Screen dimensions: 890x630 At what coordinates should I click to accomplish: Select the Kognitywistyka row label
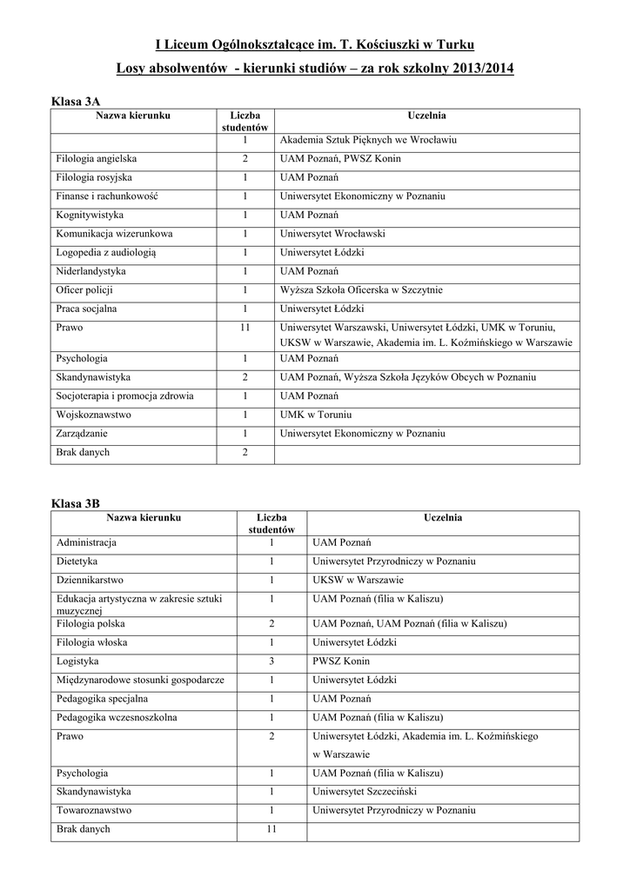click(x=90, y=215)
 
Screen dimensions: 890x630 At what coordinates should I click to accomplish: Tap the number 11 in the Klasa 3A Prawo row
click(x=245, y=328)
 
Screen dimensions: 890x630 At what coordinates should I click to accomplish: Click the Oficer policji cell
click(x=84, y=289)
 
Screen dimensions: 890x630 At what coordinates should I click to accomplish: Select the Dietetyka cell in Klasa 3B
click(x=77, y=561)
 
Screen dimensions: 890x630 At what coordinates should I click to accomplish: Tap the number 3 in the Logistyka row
click(x=271, y=661)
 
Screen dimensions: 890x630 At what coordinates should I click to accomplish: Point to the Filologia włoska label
click(x=91, y=641)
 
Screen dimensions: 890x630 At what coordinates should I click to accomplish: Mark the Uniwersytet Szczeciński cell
click(x=365, y=791)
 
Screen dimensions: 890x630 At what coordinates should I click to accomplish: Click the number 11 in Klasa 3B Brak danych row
click(x=271, y=829)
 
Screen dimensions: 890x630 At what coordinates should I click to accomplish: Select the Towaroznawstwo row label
click(x=94, y=810)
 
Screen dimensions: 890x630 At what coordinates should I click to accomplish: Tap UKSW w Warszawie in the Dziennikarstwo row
click(x=358, y=580)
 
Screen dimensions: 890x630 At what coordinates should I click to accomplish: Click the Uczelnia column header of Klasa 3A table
click(x=426, y=116)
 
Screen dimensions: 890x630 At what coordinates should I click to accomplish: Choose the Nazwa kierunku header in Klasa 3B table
click(x=144, y=518)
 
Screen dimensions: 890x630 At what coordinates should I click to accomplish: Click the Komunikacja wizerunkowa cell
click(x=114, y=233)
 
